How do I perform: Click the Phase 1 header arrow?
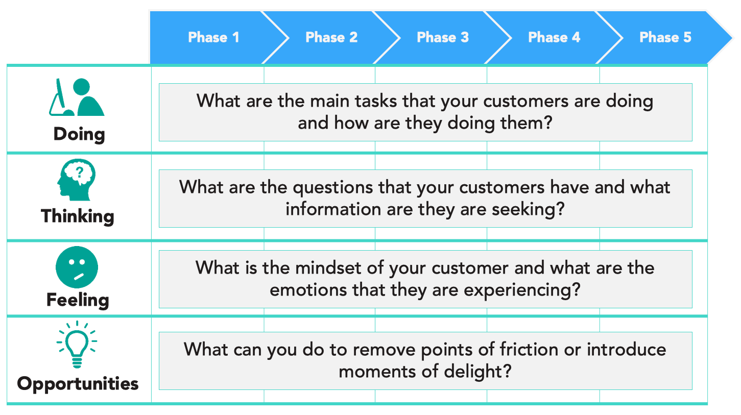tap(213, 37)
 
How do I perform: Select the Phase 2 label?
tap(331, 37)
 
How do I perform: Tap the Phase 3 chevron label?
tap(443, 37)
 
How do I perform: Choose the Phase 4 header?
tap(554, 37)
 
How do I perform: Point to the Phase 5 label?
tap(665, 37)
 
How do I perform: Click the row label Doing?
tap(79, 134)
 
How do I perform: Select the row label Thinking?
tap(78, 216)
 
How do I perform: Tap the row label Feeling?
tap(78, 299)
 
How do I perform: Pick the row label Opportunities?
tap(78, 383)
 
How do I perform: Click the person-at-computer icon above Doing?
tap(77, 97)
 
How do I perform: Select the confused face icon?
tap(77, 267)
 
